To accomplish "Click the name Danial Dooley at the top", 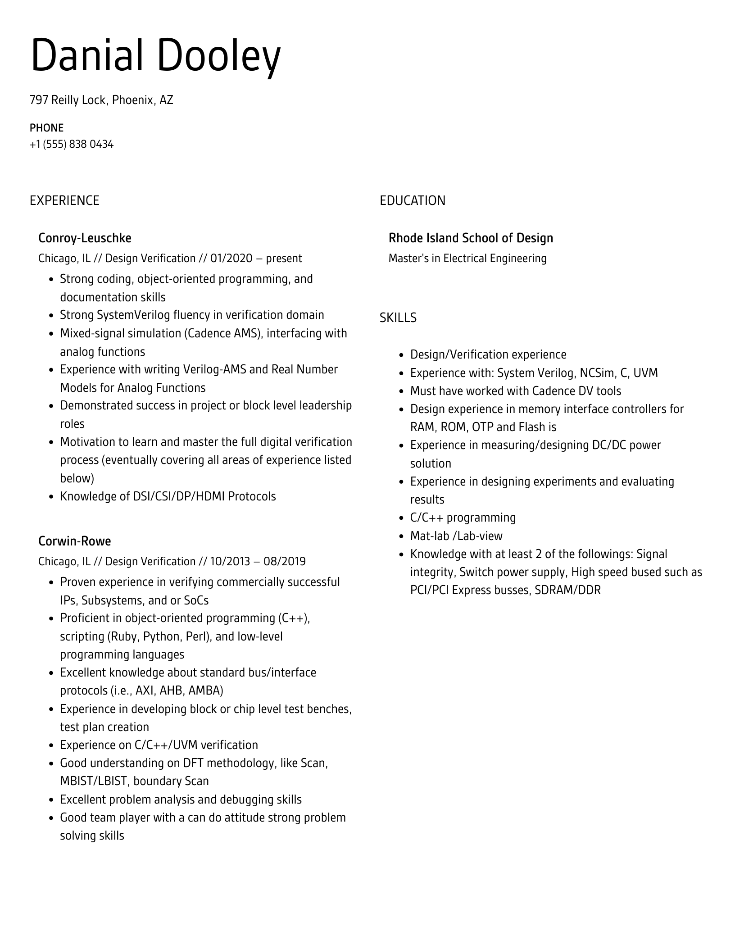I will [155, 56].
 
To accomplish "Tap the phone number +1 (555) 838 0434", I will [72, 145].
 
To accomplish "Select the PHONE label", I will [46, 128].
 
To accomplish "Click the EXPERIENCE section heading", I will [64, 200].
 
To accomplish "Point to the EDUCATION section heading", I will [412, 200].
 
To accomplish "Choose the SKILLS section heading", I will [398, 318].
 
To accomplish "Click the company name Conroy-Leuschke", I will [85, 238].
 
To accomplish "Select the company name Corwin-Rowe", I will [74, 541].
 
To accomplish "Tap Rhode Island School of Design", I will [471, 238].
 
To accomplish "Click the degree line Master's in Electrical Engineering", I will [467, 259].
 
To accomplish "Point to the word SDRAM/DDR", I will [567, 590].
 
